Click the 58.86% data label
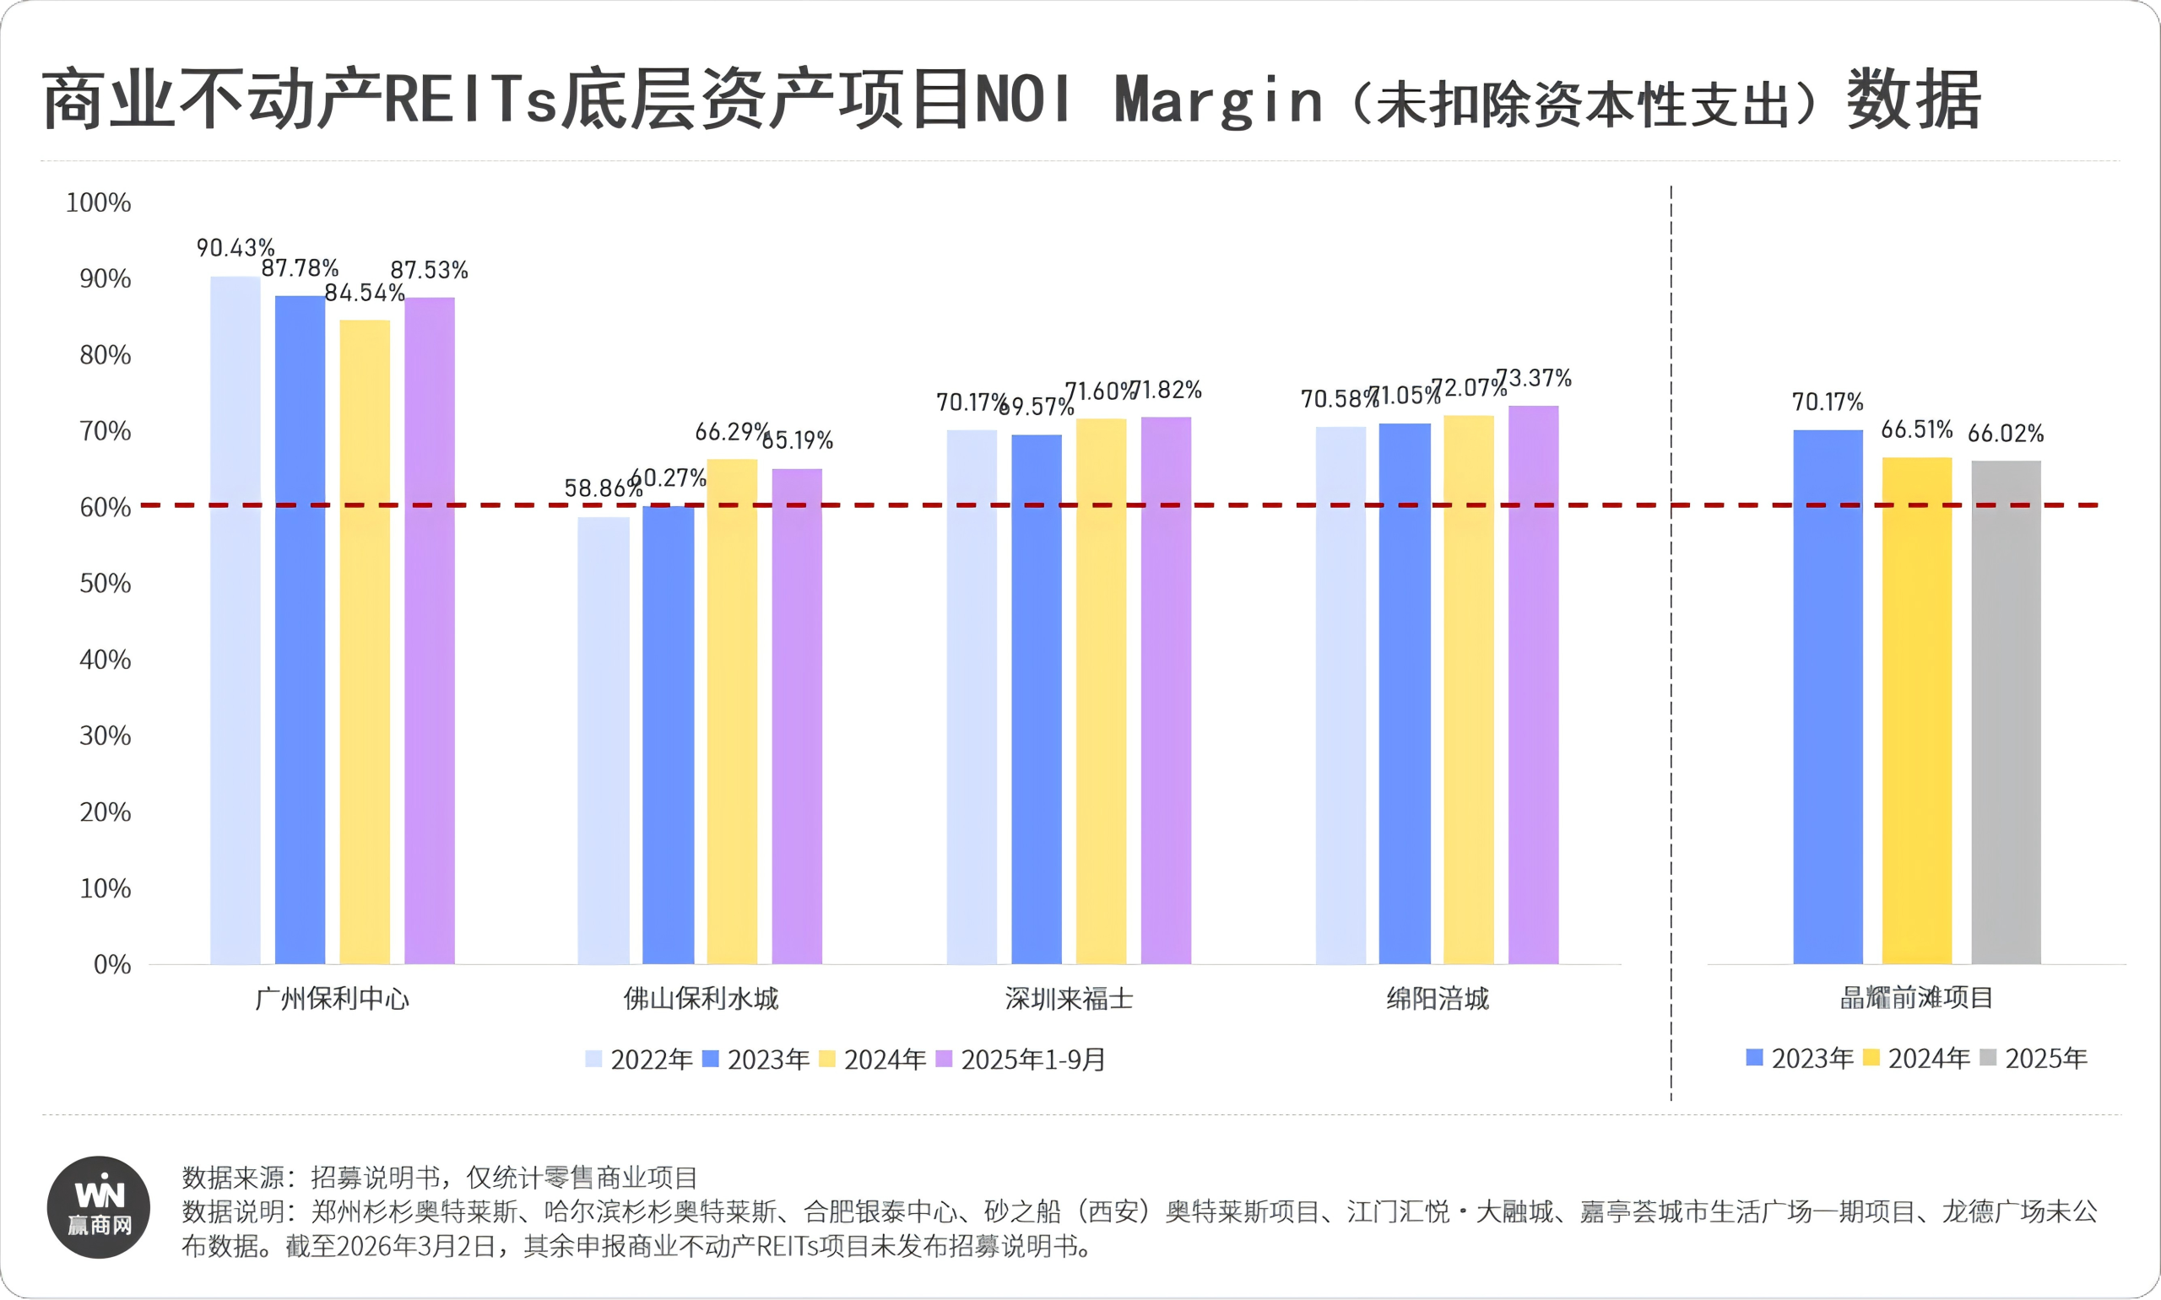(x=602, y=488)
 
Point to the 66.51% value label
(x=1916, y=430)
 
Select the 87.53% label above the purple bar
(x=429, y=270)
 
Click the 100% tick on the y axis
(x=98, y=203)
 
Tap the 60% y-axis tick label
(x=106, y=508)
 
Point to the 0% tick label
(x=112, y=965)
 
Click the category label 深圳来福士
(x=1068, y=999)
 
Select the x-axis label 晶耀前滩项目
(x=1916, y=998)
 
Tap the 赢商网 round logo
(x=98, y=1207)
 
